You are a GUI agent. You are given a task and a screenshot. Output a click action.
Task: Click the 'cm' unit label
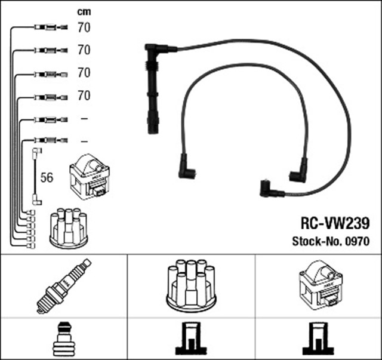pos(83,11)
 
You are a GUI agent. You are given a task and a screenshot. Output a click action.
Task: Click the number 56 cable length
pos(47,179)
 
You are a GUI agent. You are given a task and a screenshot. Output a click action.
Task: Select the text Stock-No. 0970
pos(331,242)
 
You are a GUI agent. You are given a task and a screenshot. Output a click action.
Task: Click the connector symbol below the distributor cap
pos(192,339)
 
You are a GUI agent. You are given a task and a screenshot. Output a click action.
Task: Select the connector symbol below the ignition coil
pos(319,339)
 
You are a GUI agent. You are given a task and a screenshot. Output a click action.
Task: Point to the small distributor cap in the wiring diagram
pos(68,226)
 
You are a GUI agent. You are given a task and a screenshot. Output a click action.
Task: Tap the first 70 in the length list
pos(84,27)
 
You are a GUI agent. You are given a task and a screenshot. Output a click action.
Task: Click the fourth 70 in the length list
pos(84,95)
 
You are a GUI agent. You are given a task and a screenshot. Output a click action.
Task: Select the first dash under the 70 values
pos(84,118)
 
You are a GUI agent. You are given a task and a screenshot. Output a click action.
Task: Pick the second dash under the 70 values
pos(84,140)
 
